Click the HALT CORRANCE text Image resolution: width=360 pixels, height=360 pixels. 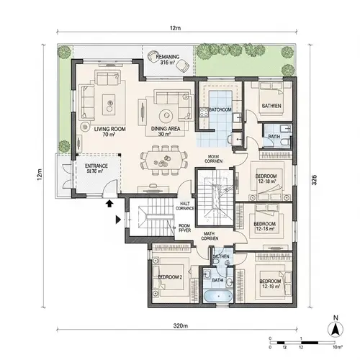click(186, 207)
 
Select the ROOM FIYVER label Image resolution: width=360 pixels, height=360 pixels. click(184, 228)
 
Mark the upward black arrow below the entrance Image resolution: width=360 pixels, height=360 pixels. click(110, 204)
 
